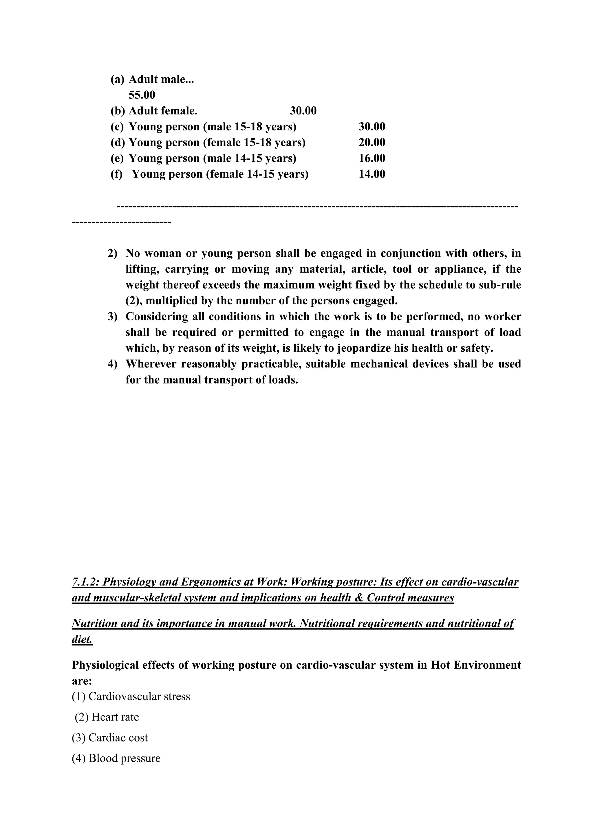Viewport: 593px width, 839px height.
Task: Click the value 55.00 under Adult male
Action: pyautogui.click(x=142, y=95)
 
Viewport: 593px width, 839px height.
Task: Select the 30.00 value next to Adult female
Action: pyautogui.click(x=303, y=111)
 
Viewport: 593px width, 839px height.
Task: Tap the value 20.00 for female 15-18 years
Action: pyautogui.click(x=372, y=142)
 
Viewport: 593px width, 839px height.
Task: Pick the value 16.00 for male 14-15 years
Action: pyautogui.click(x=372, y=158)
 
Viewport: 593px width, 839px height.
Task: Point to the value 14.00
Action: pyautogui.click(x=372, y=174)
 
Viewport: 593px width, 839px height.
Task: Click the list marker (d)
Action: pyautogui.click(x=118, y=142)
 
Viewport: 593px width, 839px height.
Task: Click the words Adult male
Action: pyautogui.click(x=161, y=79)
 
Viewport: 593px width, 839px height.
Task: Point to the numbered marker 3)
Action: pyautogui.click(x=112, y=316)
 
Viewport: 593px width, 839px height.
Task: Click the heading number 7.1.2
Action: pyautogui.click(x=85, y=582)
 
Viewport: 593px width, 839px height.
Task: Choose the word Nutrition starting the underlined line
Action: pyautogui.click(x=94, y=623)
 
